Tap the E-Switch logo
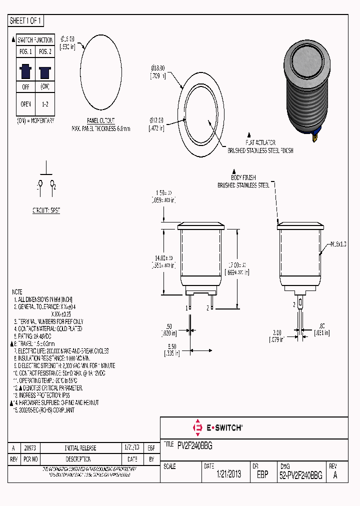(x=217, y=428)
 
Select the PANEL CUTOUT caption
(x=100, y=121)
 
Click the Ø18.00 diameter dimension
(x=158, y=69)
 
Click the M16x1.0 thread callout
(x=338, y=244)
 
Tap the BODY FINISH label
(x=243, y=177)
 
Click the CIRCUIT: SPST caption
(x=46, y=210)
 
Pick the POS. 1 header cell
(x=25, y=52)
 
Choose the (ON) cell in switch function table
(x=44, y=86)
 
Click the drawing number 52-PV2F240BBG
(x=300, y=474)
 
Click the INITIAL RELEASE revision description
(x=80, y=448)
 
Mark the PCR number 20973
(x=30, y=448)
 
